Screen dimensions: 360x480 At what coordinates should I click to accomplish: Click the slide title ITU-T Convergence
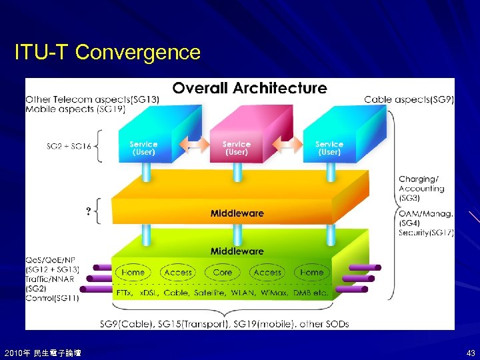[107, 52]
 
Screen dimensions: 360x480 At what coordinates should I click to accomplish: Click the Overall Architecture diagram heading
[249, 88]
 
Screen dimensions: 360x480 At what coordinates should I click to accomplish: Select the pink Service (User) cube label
[236, 148]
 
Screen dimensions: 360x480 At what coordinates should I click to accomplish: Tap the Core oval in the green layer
[223, 272]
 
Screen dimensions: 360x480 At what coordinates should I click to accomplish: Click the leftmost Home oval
[133, 272]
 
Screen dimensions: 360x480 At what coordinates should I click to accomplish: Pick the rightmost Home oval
[311, 272]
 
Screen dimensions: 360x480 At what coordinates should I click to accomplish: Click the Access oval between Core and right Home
[267, 272]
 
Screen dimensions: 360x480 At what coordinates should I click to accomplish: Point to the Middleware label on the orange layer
[237, 213]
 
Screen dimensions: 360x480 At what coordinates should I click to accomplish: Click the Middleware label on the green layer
[237, 251]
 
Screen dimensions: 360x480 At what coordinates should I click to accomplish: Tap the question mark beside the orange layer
[88, 211]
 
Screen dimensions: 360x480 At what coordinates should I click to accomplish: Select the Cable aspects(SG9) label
[409, 100]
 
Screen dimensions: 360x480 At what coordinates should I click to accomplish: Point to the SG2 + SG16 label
[69, 145]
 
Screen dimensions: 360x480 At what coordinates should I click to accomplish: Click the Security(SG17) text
[426, 233]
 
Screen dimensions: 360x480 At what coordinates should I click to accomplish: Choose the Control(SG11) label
[52, 298]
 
